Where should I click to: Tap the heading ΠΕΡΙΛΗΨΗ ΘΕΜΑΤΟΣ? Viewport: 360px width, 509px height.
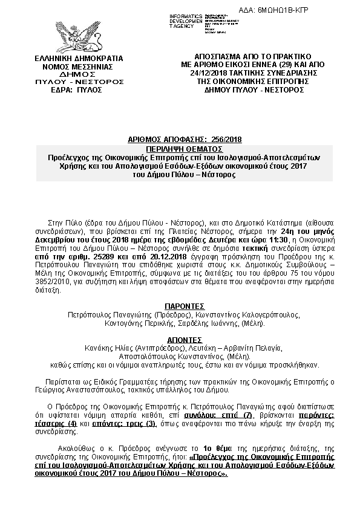185,148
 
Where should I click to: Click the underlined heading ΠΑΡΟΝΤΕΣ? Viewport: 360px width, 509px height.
185,306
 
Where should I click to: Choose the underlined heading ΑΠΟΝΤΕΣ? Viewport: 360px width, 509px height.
185,339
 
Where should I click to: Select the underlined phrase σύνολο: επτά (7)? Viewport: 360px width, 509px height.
218,417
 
